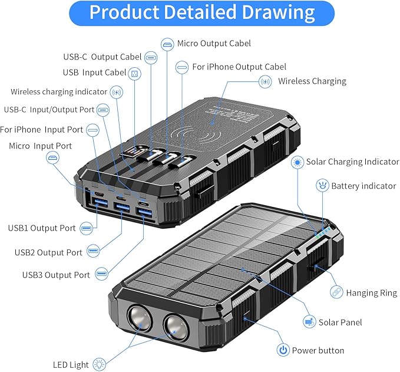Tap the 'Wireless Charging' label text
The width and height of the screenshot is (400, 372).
(312, 81)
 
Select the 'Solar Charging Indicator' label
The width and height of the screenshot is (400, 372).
(352, 162)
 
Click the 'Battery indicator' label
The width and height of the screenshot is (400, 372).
(363, 186)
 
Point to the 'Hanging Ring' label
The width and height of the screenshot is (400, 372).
(371, 292)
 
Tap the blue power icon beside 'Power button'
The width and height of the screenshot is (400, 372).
(283, 350)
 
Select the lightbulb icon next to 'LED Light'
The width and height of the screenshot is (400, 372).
(98, 364)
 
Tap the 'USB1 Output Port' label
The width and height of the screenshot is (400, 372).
(42, 228)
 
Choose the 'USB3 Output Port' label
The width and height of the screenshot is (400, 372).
(56, 275)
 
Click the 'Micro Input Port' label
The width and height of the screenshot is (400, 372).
(40, 146)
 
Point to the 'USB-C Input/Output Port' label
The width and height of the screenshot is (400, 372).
(49, 109)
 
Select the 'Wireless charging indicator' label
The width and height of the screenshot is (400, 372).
(59, 92)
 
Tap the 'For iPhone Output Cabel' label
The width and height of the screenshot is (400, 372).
(239, 67)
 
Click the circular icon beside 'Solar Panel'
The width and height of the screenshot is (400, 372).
(309, 322)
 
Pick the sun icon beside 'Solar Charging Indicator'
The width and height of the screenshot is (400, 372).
(298, 162)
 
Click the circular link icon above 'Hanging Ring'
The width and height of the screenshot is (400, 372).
(336, 291)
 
